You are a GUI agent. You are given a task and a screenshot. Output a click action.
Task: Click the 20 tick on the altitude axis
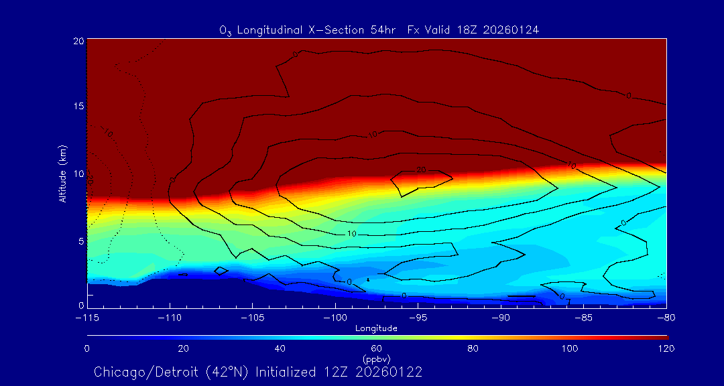tap(78, 41)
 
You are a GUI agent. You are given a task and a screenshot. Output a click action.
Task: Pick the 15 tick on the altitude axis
tap(78, 107)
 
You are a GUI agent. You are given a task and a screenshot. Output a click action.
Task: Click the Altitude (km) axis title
tap(62, 173)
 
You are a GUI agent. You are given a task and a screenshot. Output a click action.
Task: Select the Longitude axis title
tap(376, 328)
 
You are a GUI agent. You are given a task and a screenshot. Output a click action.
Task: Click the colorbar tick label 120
tap(666, 348)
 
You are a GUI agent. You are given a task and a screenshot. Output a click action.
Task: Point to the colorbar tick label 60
tap(376, 348)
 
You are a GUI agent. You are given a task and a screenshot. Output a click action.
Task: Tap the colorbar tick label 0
tap(87, 348)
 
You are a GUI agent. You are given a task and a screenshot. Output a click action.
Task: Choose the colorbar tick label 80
tap(473, 348)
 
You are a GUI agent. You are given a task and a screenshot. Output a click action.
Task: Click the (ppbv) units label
tap(376, 359)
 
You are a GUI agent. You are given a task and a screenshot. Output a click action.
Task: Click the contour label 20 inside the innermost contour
tap(422, 170)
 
